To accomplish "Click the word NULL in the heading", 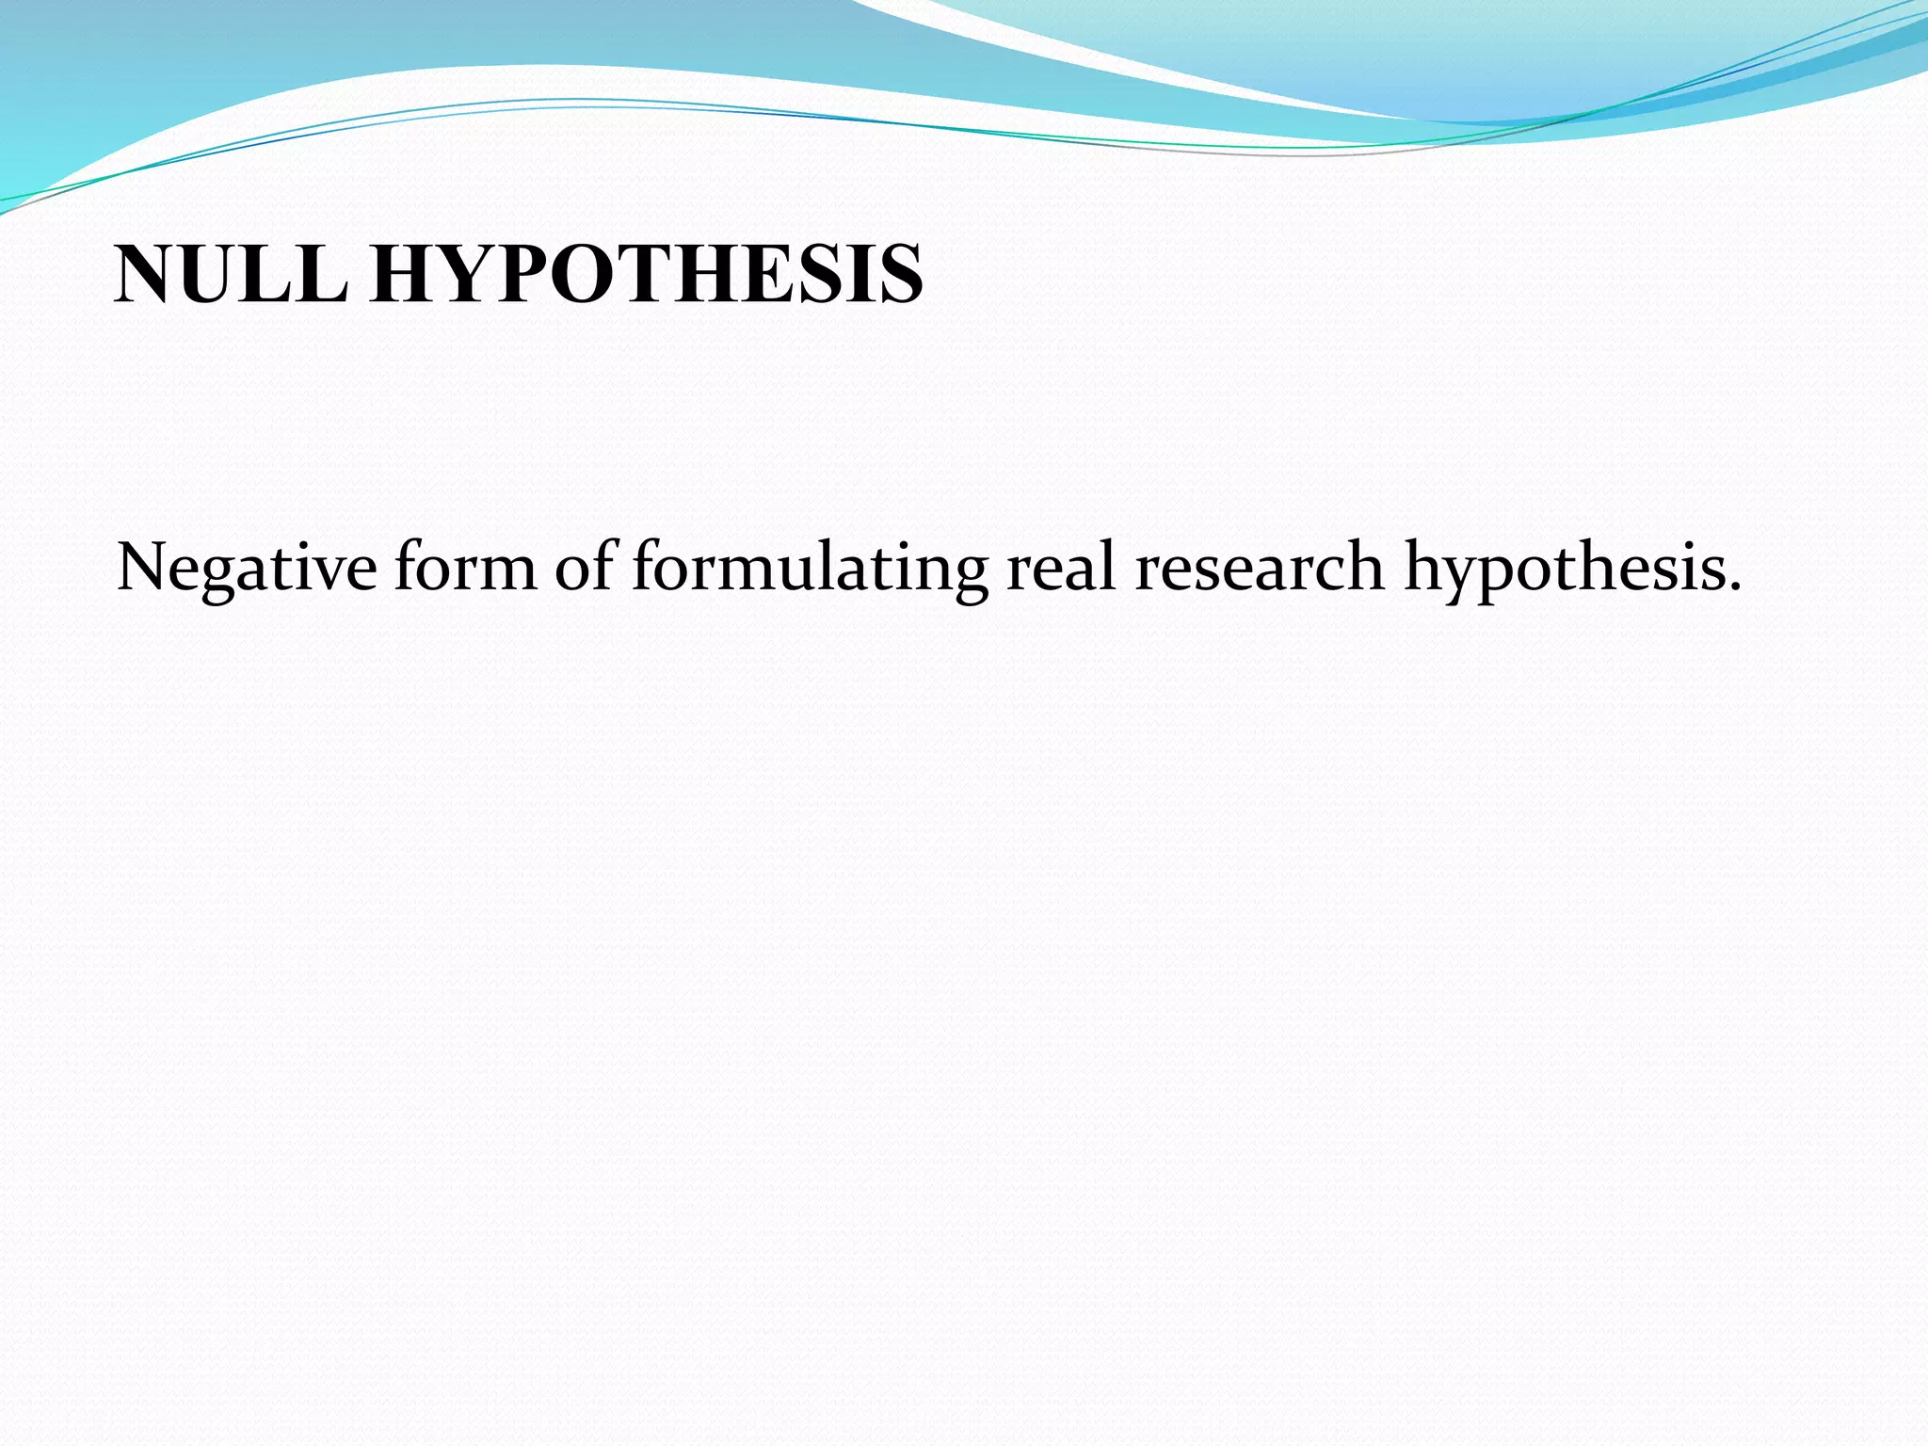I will (231, 274).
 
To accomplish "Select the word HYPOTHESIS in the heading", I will (647, 274).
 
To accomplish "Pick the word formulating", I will (810, 568).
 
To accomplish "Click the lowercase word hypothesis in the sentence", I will (1563, 568).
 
